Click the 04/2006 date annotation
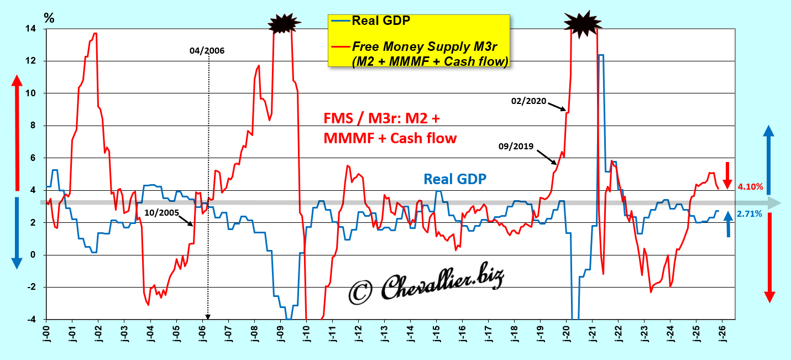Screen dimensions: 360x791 [207, 51]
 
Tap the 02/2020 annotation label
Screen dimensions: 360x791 [529, 101]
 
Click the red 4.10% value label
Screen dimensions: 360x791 [751, 187]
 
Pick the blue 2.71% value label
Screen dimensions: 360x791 [750, 213]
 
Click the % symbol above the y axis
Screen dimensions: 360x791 [50, 18]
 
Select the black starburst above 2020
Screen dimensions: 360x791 [580, 23]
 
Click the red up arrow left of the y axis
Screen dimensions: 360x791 [17, 133]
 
